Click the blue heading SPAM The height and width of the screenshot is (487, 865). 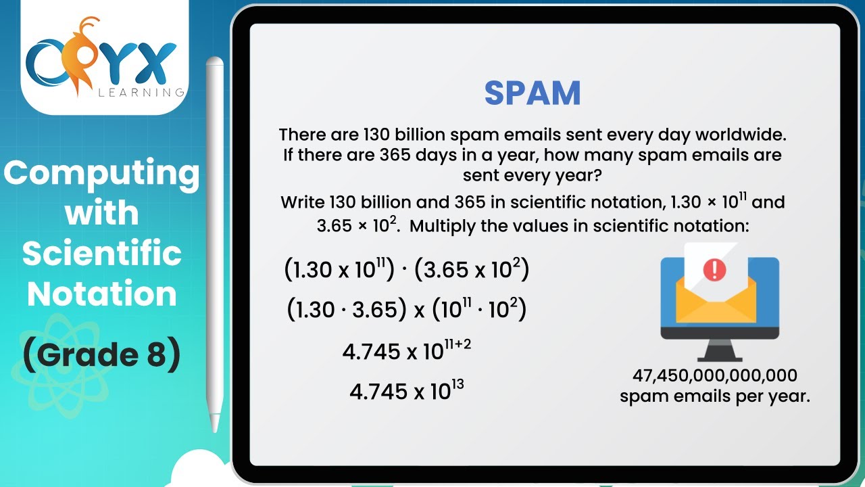tap(533, 93)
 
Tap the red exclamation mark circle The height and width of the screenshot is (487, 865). tap(714, 270)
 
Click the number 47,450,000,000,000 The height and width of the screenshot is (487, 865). tap(714, 375)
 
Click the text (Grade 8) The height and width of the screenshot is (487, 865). tap(101, 356)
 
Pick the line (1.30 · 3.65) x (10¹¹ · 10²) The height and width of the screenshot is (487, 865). tap(406, 310)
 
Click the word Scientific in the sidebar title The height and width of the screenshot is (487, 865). tap(101, 254)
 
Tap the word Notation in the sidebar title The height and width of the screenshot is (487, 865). tap(101, 294)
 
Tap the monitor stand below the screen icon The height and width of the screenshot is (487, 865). tap(719, 350)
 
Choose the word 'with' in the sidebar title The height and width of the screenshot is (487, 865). tap(101, 214)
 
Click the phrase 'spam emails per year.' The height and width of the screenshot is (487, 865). tap(714, 396)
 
